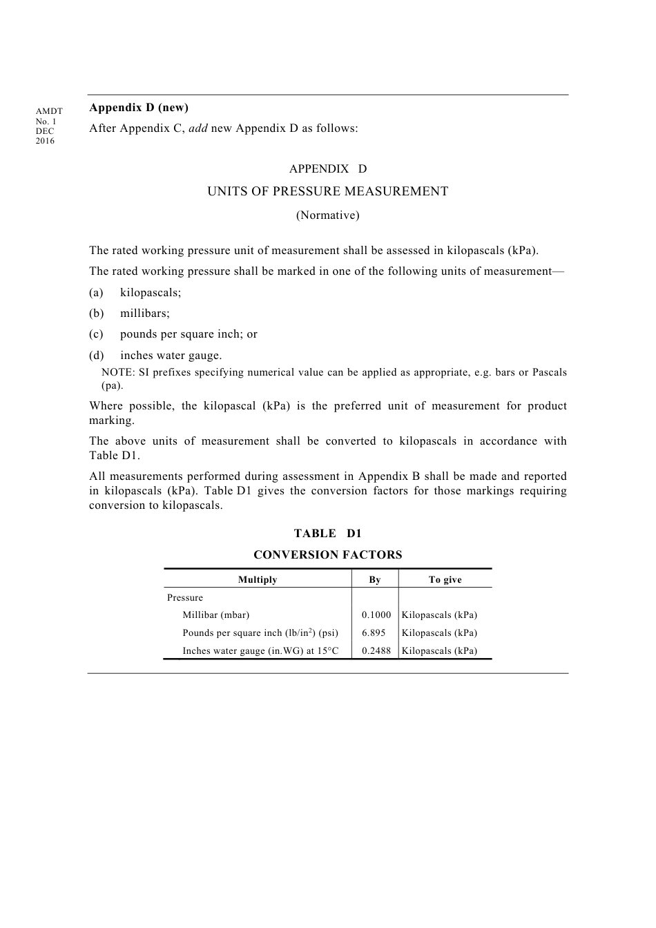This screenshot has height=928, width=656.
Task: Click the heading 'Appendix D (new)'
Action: (x=139, y=108)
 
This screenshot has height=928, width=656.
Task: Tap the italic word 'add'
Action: (x=198, y=128)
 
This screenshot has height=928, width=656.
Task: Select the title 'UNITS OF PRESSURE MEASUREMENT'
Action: (x=327, y=191)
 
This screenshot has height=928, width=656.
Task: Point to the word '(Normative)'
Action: (x=327, y=215)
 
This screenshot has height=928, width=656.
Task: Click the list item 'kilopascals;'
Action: (x=151, y=293)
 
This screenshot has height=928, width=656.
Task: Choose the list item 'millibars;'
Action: (x=144, y=313)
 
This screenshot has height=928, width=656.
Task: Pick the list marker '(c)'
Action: (x=96, y=334)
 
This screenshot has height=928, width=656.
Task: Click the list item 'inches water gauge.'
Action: (x=171, y=356)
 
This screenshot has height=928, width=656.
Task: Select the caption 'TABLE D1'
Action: (x=327, y=534)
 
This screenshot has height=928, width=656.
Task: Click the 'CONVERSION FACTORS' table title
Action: (x=327, y=555)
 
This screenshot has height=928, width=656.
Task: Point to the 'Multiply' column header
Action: (x=258, y=580)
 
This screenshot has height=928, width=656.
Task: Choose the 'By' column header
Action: (x=375, y=580)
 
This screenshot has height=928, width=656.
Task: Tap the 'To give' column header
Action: (x=445, y=580)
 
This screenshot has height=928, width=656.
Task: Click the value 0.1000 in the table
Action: (x=376, y=615)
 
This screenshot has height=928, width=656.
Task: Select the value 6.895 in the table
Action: (x=374, y=633)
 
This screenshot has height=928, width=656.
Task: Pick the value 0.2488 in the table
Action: (x=376, y=651)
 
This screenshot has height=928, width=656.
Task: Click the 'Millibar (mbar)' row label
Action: (x=215, y=615)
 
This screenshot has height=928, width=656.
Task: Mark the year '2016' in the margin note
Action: (x=45, y=142)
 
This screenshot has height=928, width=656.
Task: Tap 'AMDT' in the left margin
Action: (x=49, y=111)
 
